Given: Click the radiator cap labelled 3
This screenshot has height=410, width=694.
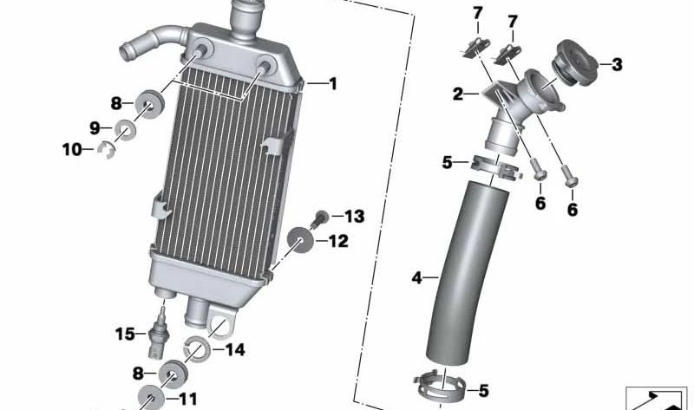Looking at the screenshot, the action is tap(575, 62).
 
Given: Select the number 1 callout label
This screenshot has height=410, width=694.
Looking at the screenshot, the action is tap(332, 83).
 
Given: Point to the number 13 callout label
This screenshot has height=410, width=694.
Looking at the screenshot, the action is tap(354, 217).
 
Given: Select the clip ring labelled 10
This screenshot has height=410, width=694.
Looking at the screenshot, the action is tap(106, 149).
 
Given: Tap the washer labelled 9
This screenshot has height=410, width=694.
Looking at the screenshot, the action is tap(125, 130).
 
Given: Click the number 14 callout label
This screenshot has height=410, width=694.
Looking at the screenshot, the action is tap(235, 350).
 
